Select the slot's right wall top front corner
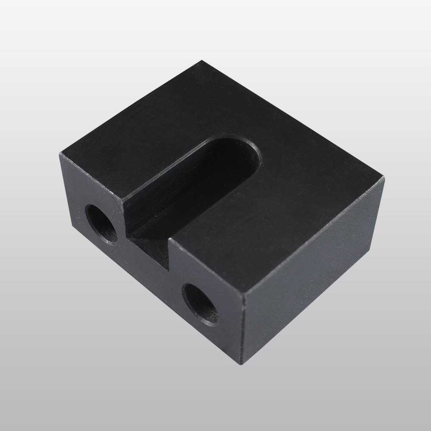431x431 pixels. [x=169, y=241]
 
